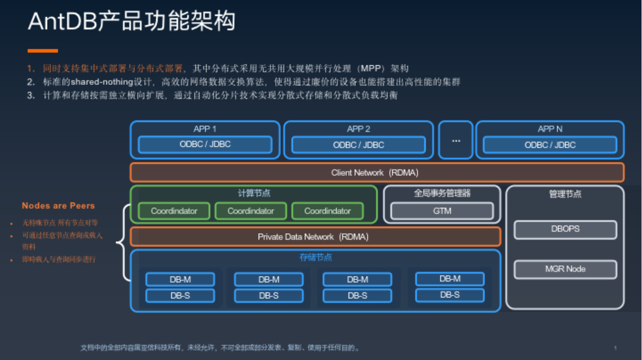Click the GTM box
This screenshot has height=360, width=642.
[x=442, y=211]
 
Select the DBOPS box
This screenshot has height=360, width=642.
[x=565, y=229]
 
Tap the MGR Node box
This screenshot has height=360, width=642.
[x=565, y=269]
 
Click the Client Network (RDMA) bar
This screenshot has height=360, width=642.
[x=377, y=173]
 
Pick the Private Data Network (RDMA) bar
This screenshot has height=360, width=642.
[x=315, y=237]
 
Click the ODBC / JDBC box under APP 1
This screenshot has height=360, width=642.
[x=205, y=145]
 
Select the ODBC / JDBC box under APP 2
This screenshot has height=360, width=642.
[x=358, y=145]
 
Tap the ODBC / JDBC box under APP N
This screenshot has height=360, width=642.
[x=550, y=145]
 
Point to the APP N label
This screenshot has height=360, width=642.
[x=550, y=129]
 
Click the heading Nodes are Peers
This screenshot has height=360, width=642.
[x=58, y=206]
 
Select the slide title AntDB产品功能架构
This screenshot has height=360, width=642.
[x=131, y=21]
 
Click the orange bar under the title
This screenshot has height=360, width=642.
[x=42, y=51]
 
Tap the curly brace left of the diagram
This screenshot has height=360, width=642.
[x=123, y=242]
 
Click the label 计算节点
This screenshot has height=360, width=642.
[x=254, y=193]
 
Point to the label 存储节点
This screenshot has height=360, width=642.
[x=315, y=257]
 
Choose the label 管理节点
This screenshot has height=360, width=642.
[x=565, y=194]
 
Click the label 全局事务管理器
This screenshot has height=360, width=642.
[x=442, y=193]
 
